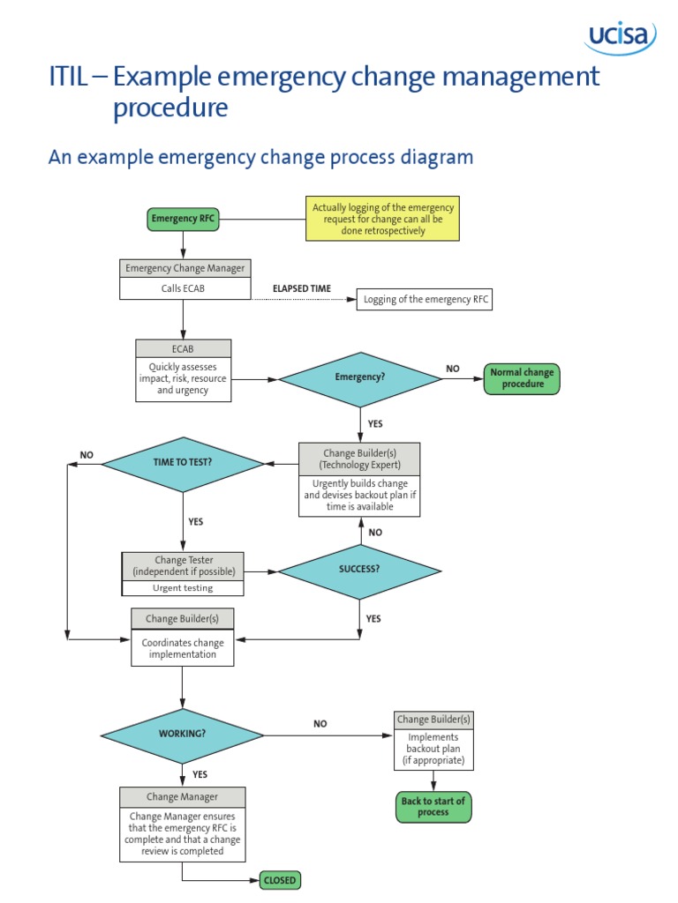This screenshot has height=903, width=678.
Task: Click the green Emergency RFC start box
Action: (182, 219)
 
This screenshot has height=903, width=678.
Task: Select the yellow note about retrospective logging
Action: (382, 219)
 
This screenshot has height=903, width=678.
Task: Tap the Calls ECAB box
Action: (183, 287)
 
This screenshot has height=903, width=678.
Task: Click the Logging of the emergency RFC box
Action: (424, 300)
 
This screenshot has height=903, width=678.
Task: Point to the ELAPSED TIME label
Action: (301, 288)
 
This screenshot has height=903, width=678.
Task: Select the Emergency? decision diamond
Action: (359, 377)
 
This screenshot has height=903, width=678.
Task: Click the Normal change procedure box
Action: (521, 378)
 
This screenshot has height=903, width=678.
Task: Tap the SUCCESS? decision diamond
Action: (359, 569)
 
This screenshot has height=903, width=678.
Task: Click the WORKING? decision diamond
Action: (182, 734)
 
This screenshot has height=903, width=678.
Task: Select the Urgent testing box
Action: (183, 587)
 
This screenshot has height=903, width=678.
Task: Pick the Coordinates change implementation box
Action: (182, 648)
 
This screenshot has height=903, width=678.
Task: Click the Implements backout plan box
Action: (433, 749)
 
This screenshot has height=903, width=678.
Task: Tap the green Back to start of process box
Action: (433, 806)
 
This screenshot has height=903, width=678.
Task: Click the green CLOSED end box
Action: (280, 880)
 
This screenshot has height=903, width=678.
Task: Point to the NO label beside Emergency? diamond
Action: (452, 369)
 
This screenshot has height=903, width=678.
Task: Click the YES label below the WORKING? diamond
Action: (200, 774)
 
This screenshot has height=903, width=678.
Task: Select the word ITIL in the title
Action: (68, 78)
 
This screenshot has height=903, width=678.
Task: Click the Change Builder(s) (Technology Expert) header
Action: (359, 459)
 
